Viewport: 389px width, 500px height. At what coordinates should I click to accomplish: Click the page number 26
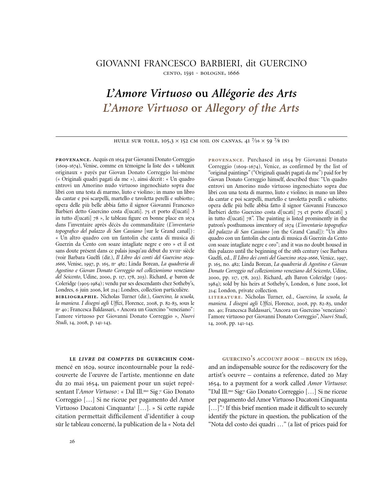pos(72,441)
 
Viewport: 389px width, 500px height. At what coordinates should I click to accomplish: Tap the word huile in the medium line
pos(121,141)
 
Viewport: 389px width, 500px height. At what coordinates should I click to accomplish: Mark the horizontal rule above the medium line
pos(201,136)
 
